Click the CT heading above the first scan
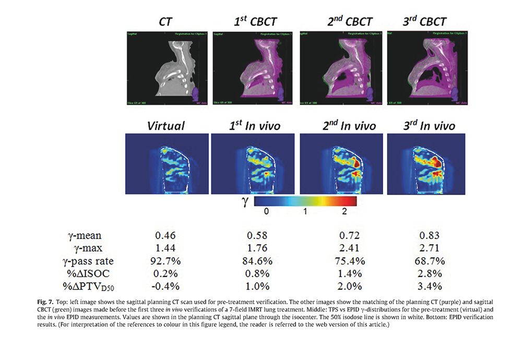[167, 21]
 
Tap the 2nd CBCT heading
[343, 21]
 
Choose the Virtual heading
[166, 126]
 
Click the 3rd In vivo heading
[430, 126]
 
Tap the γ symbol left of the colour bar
[244, 201]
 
